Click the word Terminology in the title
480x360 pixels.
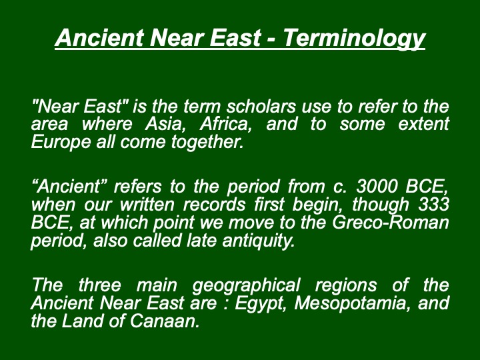tap(354, 38)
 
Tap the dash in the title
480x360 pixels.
tap(271, 40)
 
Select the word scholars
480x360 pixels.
tap(261, 106)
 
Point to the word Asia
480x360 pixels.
tap(165, 124)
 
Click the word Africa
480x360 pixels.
tap(225, 124)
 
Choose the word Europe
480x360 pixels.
tap(61, 143)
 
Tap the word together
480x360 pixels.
tap(207, 143)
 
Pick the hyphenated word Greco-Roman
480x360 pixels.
tap(391, 223)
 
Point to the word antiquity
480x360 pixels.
tap(259, 241)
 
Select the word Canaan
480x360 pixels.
tap(165, 321)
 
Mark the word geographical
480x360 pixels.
tap(246, 285)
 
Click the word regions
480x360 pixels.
tap(346, 285)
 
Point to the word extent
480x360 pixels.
tap(424, 124)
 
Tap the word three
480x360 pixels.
tap(100, 285)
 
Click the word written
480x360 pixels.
tap(147, 205)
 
